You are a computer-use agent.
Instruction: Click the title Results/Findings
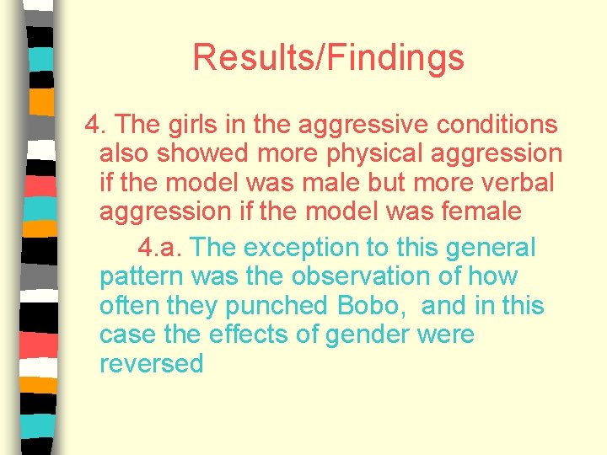click(328, 58)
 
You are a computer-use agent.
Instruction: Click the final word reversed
click(152, 364)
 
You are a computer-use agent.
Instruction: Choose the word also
click(123, 153)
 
